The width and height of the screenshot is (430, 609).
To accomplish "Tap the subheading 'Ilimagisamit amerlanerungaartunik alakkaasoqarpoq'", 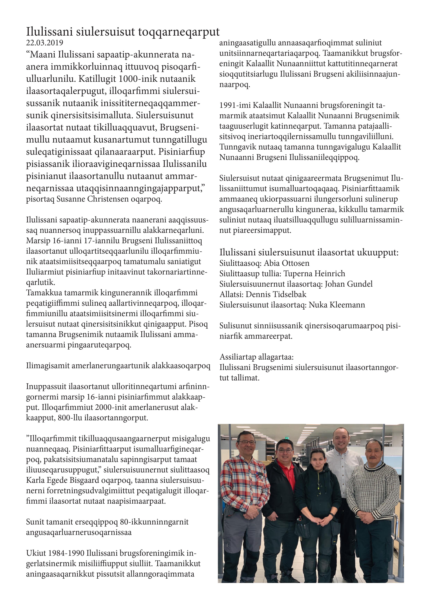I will [118, 366].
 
